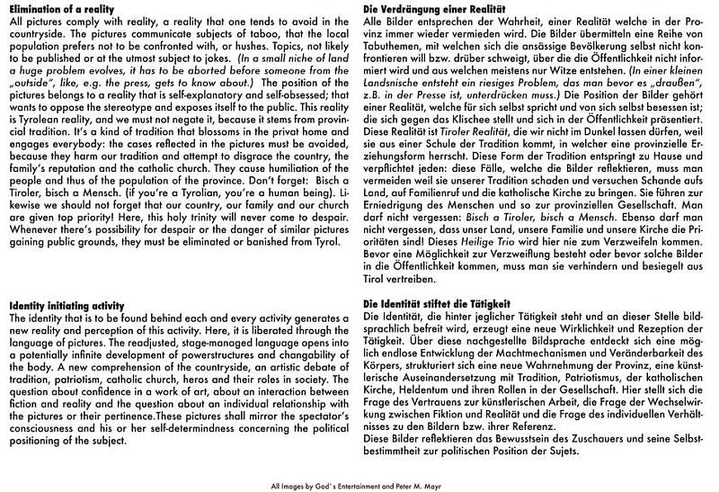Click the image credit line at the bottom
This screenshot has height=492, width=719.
tap(359, 484)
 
